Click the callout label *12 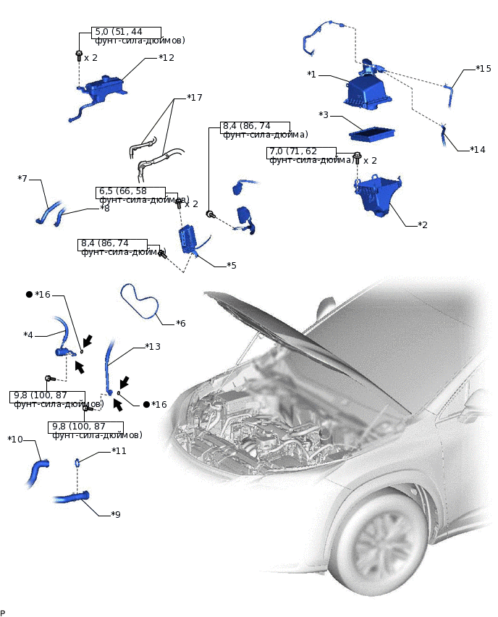tap(166, 57)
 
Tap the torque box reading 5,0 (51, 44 tap(117, 32)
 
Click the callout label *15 tap(484, 69)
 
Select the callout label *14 tap(477, 150)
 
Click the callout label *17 tap(195, 97)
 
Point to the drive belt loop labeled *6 tap(139, 301)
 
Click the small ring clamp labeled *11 tap(77, 462)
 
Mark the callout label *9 tap(115, 514)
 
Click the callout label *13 tap(152, 346)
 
